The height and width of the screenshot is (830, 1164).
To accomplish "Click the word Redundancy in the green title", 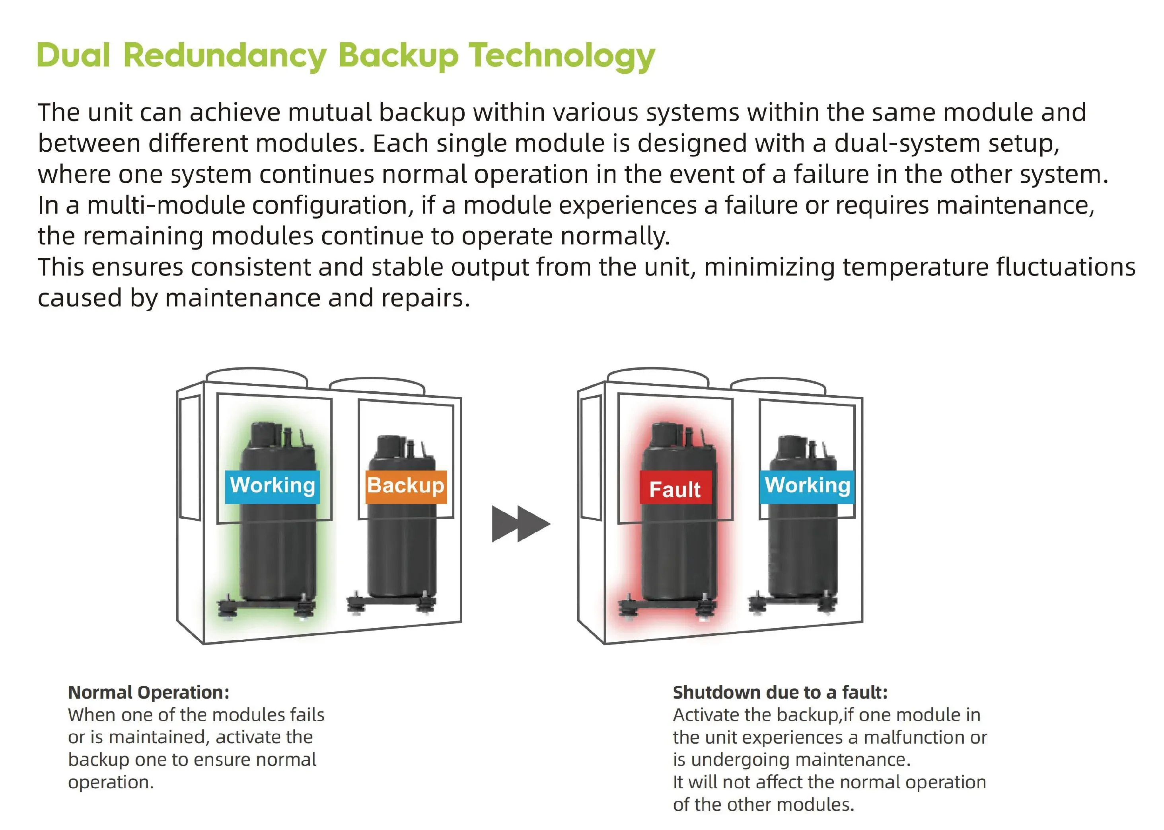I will tap(225, 56).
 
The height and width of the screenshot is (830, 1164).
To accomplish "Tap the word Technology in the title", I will tap(562, 56).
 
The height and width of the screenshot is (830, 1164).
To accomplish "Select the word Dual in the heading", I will tap(73, 55).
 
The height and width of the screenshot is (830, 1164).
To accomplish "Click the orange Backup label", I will tap(406, 486).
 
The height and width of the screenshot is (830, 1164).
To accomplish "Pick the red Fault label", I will tap(675, 488).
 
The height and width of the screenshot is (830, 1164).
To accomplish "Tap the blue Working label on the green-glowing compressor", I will tap(272, 486).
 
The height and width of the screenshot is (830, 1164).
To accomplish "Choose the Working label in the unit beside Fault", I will tap(807, 486).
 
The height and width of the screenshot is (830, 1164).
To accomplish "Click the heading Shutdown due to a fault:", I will tap(780, 693).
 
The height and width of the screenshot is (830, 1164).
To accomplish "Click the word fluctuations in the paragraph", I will tap(1065, 267).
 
